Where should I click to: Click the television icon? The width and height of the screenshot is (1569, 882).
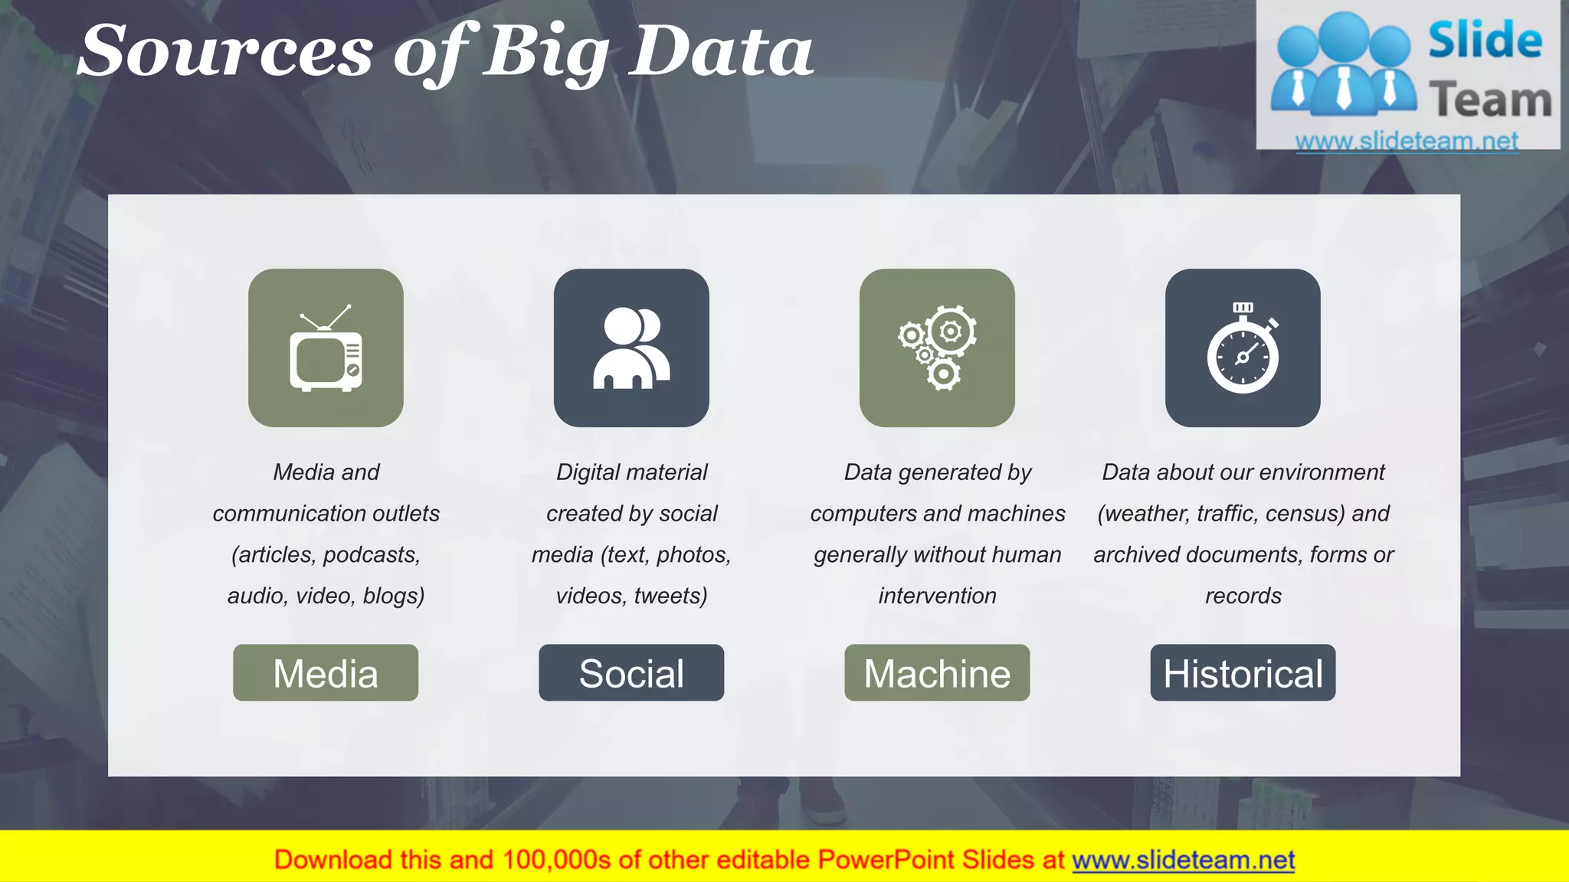click(326, 349)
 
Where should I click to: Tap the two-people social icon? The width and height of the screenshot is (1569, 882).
click(631, 349)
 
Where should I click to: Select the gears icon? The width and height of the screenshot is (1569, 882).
click(937, 349)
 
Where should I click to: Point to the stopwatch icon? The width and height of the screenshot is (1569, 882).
click(1243, 349)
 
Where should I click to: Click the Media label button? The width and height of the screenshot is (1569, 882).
click(326, 673)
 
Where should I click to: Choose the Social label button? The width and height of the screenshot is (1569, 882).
click(631, 673)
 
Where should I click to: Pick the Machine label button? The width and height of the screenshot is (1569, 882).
click(937, 673)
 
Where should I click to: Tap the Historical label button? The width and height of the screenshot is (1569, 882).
click(1243, 673)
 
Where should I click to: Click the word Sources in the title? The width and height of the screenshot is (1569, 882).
click(226, 52)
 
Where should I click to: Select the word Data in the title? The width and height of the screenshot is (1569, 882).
click(720, 52)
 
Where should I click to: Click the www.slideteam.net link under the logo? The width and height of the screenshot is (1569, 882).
click(1407, 141)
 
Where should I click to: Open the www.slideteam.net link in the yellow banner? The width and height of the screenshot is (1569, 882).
click(1183, 860)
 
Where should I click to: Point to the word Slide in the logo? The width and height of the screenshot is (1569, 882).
click(1485, 41)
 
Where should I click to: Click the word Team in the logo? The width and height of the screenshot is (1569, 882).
click(1490, 100)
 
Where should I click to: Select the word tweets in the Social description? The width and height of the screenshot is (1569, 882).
click(670, 596)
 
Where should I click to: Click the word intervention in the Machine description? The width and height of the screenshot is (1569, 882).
click(937, 596)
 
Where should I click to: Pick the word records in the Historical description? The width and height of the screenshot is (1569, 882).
click(1243, 596)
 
